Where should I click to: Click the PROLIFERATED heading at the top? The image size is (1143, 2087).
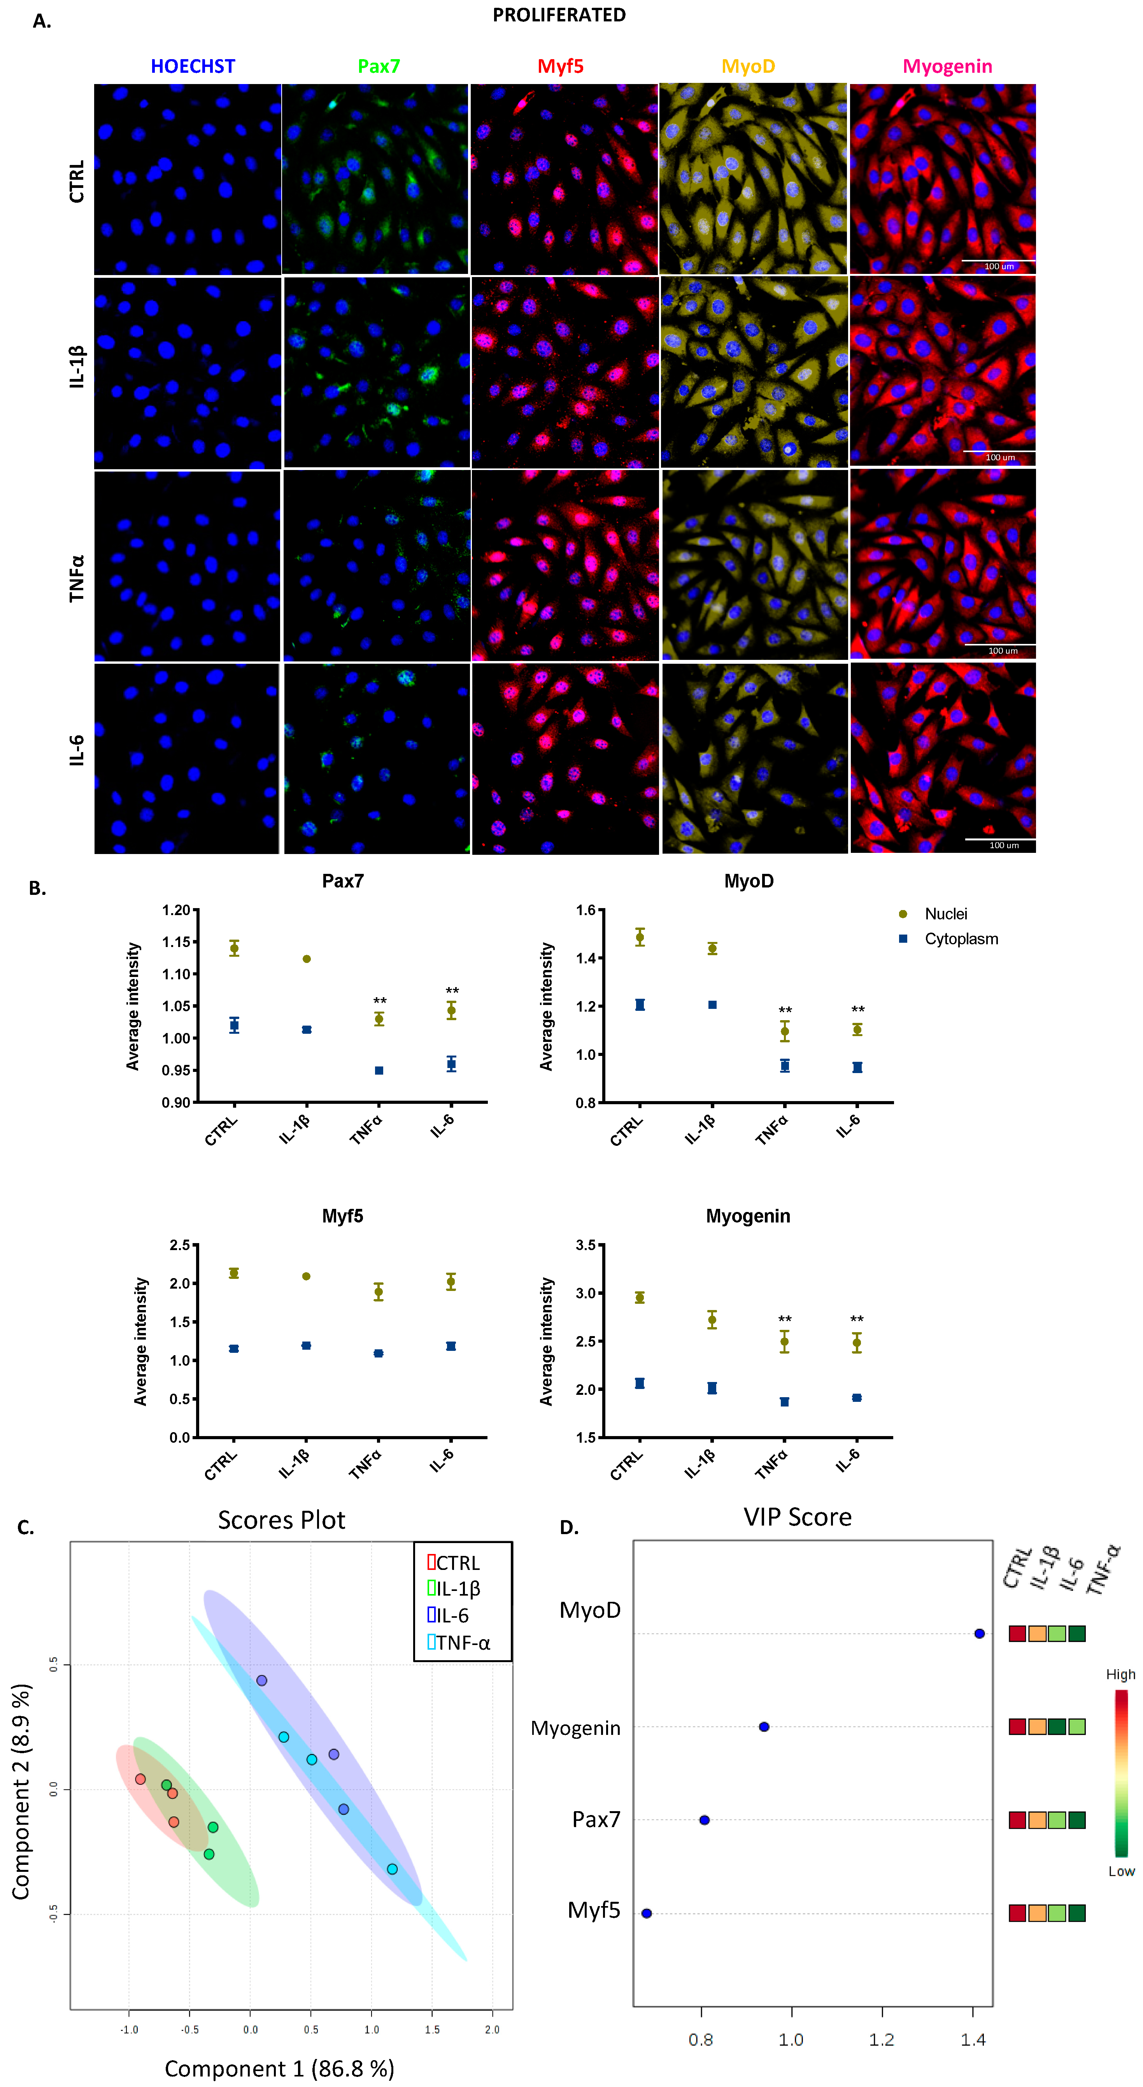[x=559, y=16]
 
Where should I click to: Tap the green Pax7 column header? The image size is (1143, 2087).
[x=378, y=67]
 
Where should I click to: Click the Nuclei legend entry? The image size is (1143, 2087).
[x=945, y=914]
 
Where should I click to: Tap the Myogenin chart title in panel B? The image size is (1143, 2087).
[x=748, y=1216]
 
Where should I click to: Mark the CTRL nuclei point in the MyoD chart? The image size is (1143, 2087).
[x=640, y=937]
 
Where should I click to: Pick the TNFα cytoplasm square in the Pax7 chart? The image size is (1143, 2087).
[x=379, y=1070]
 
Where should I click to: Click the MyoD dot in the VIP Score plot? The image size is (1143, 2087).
[x=979, y=1633]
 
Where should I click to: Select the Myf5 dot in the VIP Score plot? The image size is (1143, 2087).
[x=647, y=1913]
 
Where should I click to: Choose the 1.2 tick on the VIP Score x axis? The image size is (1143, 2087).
[x=882, y=2039]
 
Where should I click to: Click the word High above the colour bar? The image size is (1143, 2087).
[x=1120, y=1675]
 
